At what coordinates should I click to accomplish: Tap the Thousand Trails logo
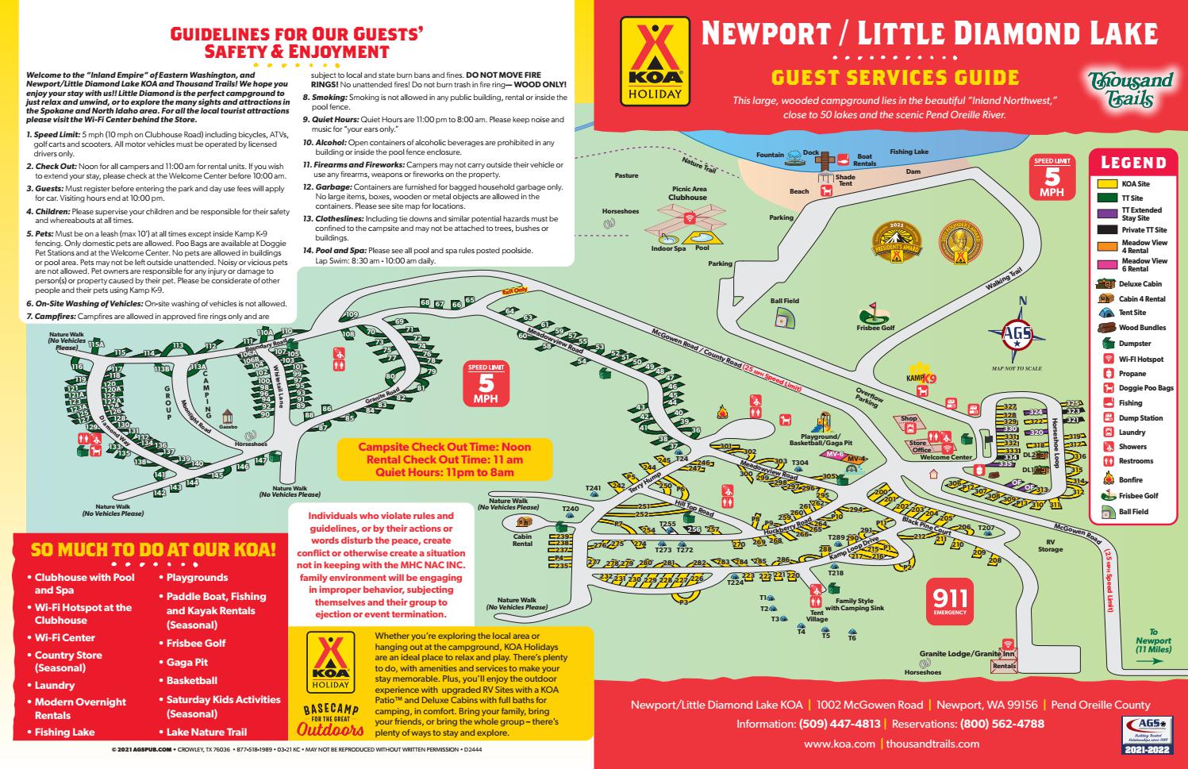tap(1130, 89)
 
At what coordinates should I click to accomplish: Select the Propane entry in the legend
tap(1132, 374)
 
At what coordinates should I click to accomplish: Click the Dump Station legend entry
tap(1140, 418)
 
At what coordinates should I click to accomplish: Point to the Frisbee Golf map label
tap(875, 328)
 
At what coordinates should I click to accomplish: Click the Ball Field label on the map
tap(784, 302)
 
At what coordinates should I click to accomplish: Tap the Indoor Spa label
tap(668, 248)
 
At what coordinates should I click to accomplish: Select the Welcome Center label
tap(945, 457)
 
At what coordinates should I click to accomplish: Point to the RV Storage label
tap(1050, 545)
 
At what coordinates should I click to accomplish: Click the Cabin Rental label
tap(522, 540)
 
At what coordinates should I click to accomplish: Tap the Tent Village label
tap(816, 616)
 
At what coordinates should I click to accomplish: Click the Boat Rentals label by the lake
tap(864, 160)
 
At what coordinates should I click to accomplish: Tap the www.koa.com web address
tap(839, 744)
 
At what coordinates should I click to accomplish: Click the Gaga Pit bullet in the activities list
tap(186, 662)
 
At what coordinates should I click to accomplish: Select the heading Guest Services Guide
tap(894, 77)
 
